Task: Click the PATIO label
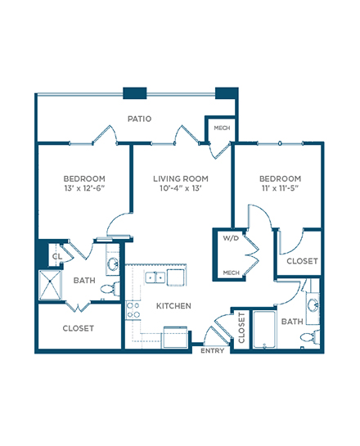coord(139,119)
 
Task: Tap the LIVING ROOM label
coord(181,178)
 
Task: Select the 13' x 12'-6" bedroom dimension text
coord(84,188)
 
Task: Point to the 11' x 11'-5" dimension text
coord(280,188)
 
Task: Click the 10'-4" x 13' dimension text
coord(181,188)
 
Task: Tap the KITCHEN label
coord(173,306)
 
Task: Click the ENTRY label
coord(212,351)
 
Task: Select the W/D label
coord(231,238)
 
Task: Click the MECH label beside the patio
coord(222,128)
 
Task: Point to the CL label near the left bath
coord(57,256)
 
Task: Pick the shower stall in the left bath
coord(50,285)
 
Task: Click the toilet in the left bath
coord(110,289)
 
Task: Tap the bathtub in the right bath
coord(264,329)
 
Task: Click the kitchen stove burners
coord(133,310)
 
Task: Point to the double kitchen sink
coord(155,277)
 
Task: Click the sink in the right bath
coord(313,306)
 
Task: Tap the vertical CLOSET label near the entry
coord(241,327)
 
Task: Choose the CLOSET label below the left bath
coord(79,328)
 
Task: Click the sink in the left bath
coord(113,264)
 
